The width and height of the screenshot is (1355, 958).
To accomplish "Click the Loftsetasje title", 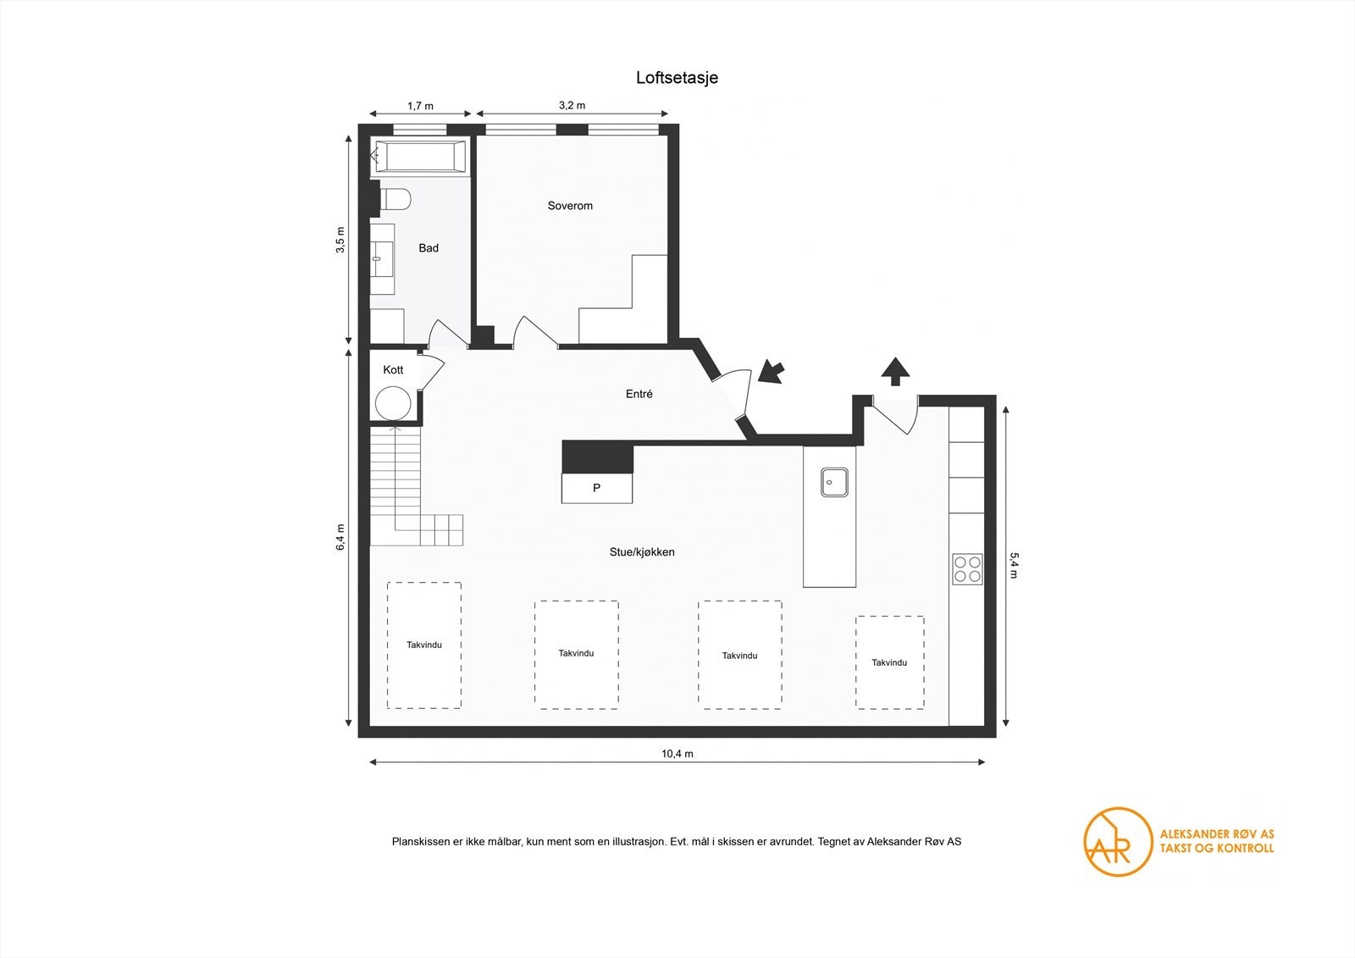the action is tap(677, 77).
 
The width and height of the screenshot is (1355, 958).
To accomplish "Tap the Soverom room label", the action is tap(570, 206).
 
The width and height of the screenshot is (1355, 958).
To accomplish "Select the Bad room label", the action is tap(429, 248).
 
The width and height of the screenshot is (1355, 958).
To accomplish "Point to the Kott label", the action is tap(393, 370).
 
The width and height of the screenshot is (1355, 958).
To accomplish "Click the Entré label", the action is tap(639, 394).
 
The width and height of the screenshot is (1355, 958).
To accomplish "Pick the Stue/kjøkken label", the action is tap(642, 552).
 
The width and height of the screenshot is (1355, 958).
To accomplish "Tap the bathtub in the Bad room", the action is tap(420, 157).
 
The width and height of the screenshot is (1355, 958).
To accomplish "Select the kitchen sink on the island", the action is tap(834, 482).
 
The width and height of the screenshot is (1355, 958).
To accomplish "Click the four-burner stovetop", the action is tap(967, 569).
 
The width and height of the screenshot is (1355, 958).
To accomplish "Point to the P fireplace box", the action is tap(597, 488).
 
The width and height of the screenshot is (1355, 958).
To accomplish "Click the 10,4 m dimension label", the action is tap(677, 754).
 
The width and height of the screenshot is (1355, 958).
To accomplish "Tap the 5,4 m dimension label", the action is tap(1015, 565).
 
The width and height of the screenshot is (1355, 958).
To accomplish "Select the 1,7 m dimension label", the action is tap(420, 106).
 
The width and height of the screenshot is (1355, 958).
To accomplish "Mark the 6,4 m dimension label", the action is tap(340, 537).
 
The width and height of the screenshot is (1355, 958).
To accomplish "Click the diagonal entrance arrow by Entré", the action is tap(772, 372).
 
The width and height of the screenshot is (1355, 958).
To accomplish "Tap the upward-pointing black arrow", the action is tap(895, 371).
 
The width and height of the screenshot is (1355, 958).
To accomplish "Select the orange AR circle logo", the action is tap(1117, 842).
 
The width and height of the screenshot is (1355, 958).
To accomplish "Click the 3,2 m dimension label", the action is tap(572, 105).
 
